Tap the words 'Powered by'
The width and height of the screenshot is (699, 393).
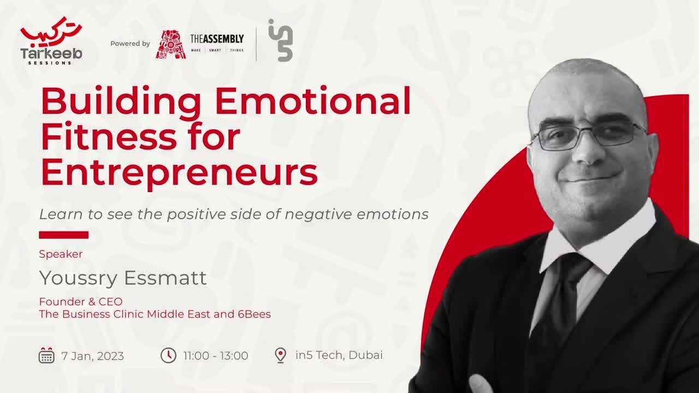pos(130,44)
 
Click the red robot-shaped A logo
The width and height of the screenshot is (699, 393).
pos(170,44)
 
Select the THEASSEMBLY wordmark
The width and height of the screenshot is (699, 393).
pos(217,39)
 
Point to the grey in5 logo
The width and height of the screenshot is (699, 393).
pos(281,40)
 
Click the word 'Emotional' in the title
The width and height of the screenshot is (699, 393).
pos(313,102)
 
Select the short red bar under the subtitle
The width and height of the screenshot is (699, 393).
pos(63,235)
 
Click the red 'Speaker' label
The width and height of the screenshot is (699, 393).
pos(61,254)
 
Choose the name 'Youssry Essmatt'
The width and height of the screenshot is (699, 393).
pos(123,278)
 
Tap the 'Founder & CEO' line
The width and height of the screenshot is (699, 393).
pos(81,301)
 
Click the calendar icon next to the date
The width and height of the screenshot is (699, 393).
pos(46,355)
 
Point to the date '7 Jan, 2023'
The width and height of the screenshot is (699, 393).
pos(93,356)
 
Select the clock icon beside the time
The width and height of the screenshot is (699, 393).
pos(168,355)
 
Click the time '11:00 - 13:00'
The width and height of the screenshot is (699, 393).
pos(216,356)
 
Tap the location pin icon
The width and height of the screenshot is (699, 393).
pos(280,355)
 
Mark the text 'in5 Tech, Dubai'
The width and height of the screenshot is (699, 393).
pos(339,355)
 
